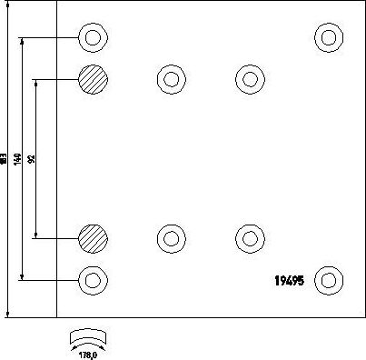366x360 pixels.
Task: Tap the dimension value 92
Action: click(x=33, y=159)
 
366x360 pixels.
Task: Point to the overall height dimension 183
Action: click(x=5, y=159)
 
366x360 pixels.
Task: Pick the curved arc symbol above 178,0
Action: click(x=84, y=335)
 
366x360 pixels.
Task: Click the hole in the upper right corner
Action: click(x=327, y=38)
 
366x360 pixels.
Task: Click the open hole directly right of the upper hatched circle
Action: click(x=170, y=80)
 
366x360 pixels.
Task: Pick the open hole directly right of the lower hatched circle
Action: click(x=170, y=238)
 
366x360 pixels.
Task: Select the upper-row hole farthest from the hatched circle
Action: click(x=248, y=80)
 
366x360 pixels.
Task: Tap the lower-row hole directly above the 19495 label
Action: click(x=248, y=238)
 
